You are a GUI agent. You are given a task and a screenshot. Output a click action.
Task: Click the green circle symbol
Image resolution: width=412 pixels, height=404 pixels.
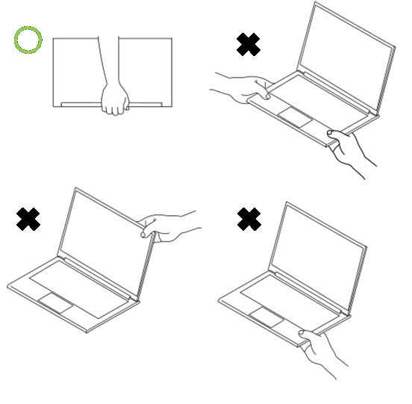(x=28, y=40)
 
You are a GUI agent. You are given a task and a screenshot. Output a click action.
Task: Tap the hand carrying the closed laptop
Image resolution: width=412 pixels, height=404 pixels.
(x=114, y=99)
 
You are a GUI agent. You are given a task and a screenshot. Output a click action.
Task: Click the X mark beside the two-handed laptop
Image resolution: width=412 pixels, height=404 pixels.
(x=248, y=44)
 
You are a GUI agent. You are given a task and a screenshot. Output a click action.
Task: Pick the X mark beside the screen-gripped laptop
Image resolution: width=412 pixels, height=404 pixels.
(x=28, y=220)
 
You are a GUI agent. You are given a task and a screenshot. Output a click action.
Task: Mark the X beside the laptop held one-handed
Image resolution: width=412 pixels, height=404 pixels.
(x=249, y=219)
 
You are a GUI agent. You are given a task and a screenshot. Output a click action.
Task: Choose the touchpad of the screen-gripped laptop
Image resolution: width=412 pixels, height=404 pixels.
(x=56, y=302)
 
